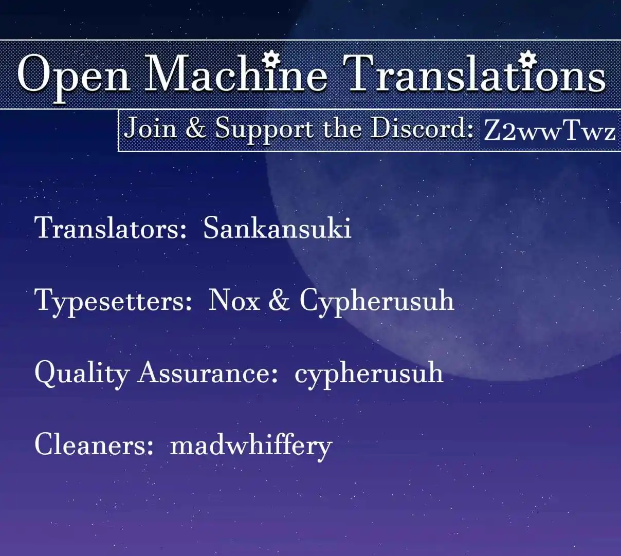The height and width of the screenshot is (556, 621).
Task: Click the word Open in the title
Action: click(x=74, y=77)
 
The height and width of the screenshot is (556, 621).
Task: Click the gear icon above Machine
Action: click(x=272, y=59)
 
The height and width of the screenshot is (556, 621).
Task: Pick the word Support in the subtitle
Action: click(x=264, y=130)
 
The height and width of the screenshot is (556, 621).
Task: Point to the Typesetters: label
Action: click(x=113, y=302)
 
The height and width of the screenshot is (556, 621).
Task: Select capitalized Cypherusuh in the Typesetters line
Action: click(x=376, y=302)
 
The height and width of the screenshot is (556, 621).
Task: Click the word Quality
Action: click(x=82, y=374)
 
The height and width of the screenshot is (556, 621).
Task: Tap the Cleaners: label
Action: click(x=94, y=443)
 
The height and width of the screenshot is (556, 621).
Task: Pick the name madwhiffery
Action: click(x=251, y=446)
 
